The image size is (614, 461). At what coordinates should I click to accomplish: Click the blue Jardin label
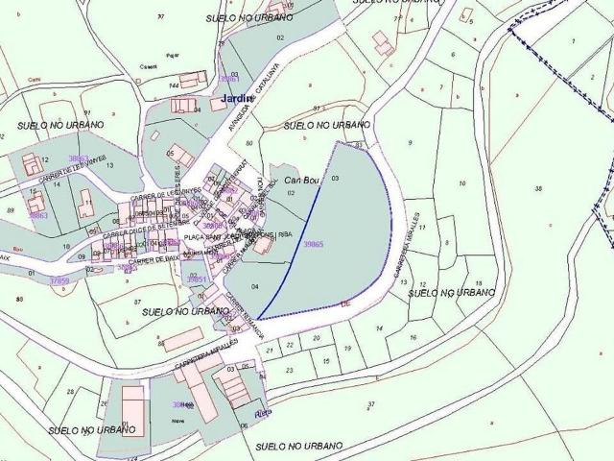pos(235,98)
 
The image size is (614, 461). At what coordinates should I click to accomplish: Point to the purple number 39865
pos(313,245)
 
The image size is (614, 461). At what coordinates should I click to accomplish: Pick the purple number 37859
pos(59,280)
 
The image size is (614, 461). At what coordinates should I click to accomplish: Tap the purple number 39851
pos(198,279)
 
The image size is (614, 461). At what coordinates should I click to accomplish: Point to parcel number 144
pos(174,85)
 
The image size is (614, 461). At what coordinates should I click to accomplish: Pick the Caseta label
pos(148,66)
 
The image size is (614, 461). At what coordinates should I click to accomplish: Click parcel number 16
pos(413,337)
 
